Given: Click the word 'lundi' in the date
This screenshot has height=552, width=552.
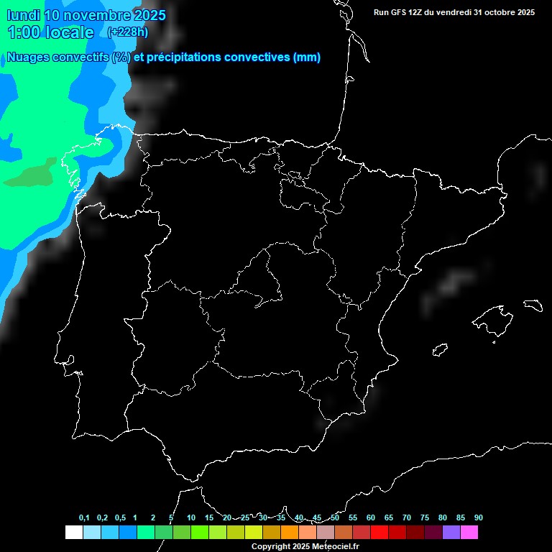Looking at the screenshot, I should pos(23,15).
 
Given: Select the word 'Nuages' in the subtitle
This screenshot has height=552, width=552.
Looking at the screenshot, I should pos(28,57).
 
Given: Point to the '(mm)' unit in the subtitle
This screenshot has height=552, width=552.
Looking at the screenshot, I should pos(307,57).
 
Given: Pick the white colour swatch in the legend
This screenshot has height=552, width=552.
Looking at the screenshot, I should pos(73,532).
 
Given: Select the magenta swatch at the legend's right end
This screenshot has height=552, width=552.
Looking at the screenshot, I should pos(469,532).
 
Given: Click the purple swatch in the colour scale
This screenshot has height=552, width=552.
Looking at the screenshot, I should pos(451,532).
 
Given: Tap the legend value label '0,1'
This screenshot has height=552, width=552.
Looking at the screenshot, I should pos(84,517).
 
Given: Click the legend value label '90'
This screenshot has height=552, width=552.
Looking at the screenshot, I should pos(478,517).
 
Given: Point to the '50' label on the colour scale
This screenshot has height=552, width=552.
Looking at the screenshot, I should pos(335,517).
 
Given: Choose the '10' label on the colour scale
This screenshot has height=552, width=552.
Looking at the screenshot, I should pos(191,517).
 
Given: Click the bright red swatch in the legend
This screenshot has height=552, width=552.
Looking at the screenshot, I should pos(379,532).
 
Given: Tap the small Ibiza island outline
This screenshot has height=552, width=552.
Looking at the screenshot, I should pos(441,349).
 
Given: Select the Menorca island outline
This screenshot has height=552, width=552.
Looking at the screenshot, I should pos(533,305).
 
